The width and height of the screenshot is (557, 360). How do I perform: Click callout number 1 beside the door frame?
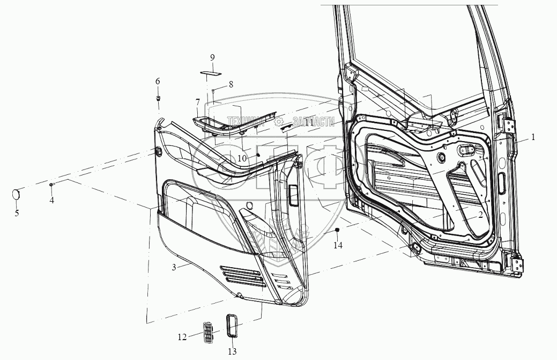pos(533,137)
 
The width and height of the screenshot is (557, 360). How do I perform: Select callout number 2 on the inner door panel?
pos(481,214)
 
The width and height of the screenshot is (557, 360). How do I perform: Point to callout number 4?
pos(52,200)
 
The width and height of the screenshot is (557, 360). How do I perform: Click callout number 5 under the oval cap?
pos(17,213)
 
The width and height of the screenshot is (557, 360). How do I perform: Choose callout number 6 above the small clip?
pos(158,81)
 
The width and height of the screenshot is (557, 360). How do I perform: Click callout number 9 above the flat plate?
pos(212,57)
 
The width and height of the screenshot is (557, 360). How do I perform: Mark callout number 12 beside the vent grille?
pos(182,337)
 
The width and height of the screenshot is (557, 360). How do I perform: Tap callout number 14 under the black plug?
pos(337,245)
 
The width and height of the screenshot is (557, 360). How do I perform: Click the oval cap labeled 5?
pos(17,194)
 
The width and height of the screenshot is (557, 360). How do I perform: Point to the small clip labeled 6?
pos(159,98)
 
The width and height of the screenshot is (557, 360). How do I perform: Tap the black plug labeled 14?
pos(338,230)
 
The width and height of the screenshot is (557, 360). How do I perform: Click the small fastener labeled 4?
pos(51,185)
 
